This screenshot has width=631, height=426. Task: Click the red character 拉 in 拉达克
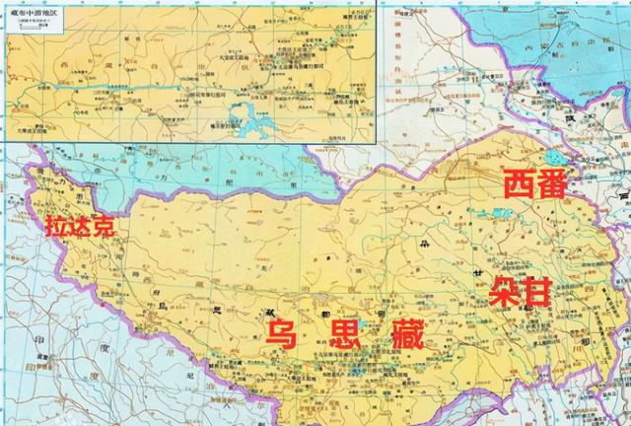(x=56, y=225)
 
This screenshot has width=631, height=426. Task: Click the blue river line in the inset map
(x=118, y=89)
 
